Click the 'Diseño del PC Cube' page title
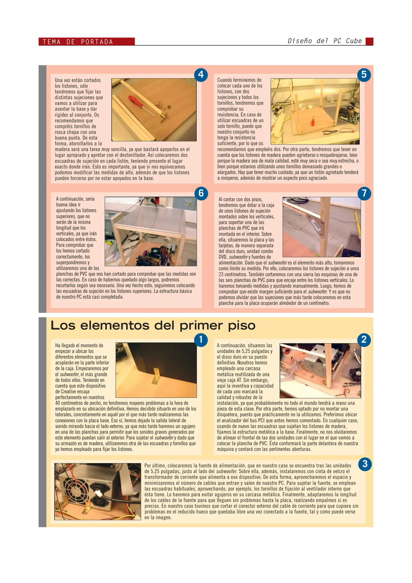click(x=325, y=41)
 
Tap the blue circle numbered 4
click(x=201, y=74)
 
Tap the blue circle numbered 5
click(x=364, y=74)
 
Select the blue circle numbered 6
click(x=201, y=193)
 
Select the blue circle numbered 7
click(x=364, y=194)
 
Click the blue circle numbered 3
click(x=365, y=464)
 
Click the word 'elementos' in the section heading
click(x=115, y=326)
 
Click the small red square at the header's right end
click(x=369, y=41)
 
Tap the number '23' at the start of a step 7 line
click(x=221, y=274)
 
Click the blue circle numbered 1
click(x=201, y=340)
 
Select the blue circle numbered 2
click(x=364, y=340)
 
